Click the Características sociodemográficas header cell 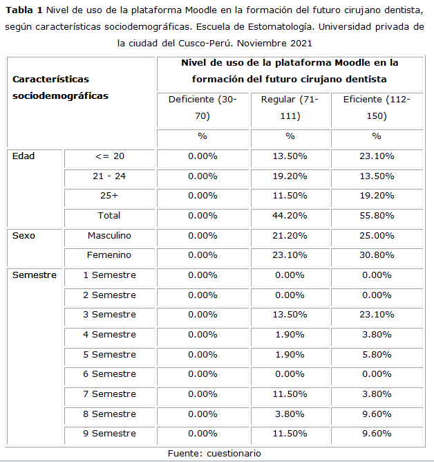[60, 88]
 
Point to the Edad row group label [23, 156]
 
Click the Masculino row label [109, 236]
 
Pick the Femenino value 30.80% [377, 255]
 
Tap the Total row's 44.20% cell [290, 216]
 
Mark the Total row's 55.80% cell [377, 216]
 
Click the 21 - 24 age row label [109, 176]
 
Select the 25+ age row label [109, 196]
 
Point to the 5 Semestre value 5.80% [377, 355]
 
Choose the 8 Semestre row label [109, 414]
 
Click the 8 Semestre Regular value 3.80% [290, 414]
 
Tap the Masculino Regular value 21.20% [290, 236]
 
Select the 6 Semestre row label [109, 374]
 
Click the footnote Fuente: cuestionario [215, 454]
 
